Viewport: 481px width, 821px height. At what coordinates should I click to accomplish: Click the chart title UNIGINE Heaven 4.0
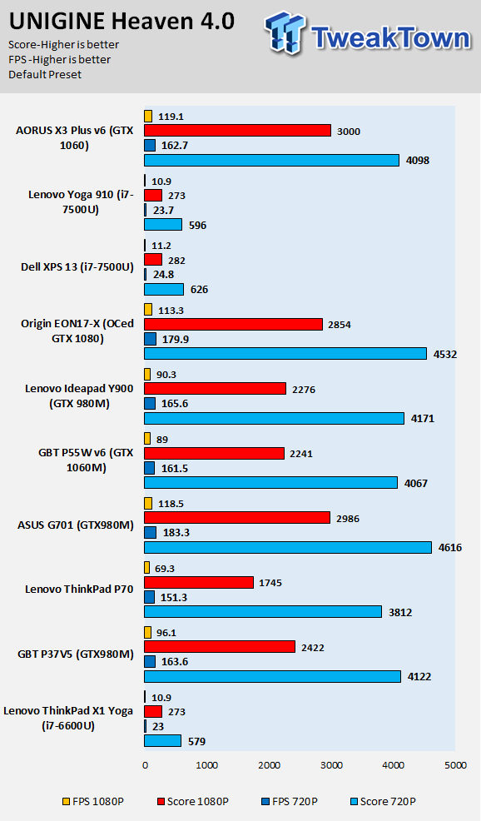click(121, 22)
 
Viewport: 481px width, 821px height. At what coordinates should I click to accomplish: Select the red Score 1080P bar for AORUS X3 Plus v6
click(238, 131)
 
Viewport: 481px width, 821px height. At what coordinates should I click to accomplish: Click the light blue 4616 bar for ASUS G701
click(288, 548)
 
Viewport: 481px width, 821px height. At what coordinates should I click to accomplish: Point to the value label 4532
click(445, 355)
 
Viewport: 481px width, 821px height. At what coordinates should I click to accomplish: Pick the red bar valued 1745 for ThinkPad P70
click(199, 582)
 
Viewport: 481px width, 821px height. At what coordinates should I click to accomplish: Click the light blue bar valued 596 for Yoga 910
click(163, 225)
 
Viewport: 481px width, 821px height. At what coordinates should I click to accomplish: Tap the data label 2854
click(340, 325)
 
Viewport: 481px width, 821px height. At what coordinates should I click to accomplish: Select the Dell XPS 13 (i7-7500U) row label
click(77, 267)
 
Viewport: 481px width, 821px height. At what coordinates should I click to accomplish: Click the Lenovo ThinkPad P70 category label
click(79, 589)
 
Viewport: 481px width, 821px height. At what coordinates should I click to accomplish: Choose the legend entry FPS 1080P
click(93, 801)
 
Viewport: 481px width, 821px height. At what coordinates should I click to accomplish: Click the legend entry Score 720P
click(383, 801)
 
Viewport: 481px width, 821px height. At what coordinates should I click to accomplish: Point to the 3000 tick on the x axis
click(331, 765)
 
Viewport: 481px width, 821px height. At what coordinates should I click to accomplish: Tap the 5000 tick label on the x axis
click(455, 765)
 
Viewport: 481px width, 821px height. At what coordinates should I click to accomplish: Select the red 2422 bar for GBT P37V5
click(220, 647)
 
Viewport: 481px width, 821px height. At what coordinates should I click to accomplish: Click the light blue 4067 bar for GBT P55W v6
click(271, 483)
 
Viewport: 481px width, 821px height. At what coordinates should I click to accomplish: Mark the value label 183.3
click(176, 533)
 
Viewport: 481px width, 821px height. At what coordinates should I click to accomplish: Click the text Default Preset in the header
click(45, 74)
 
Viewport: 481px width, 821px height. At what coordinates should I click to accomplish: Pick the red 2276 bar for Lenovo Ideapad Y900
click(215, 389)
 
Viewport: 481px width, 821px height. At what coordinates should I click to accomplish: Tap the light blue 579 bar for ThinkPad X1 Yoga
click(163, 741)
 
